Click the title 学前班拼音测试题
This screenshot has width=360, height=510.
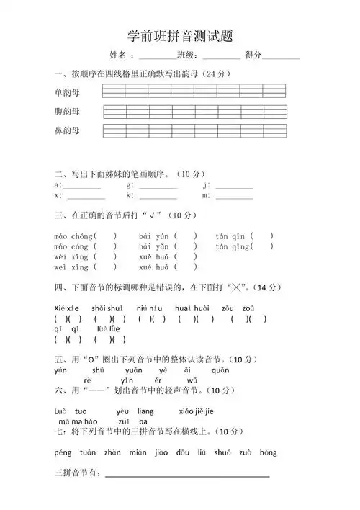coord(180,35)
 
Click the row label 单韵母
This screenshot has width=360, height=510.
coord(67,92)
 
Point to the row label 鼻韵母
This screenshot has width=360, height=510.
coord(67,131)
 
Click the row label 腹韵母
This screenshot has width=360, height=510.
coord(67,112)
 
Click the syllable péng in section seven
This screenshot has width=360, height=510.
coord(63,452)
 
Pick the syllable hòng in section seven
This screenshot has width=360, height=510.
coord(268,452)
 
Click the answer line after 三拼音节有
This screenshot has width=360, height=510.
coord(187,475)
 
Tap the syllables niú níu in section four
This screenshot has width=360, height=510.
coord(147,308)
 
